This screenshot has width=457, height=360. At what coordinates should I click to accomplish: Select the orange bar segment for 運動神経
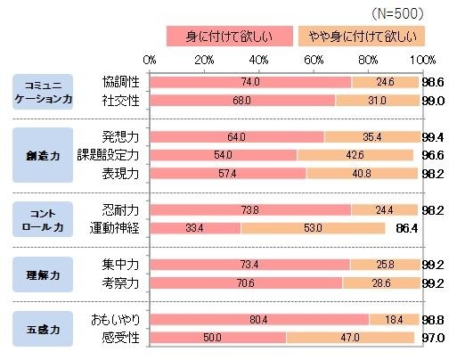coord(313,228)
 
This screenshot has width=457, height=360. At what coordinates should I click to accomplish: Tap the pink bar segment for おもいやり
coord(259,319)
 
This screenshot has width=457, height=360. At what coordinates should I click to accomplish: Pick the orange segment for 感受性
coord(350,337)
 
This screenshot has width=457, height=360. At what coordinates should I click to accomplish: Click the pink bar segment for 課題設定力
coord(224,155)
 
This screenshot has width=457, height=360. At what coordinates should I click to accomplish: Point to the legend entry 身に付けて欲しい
coord(229,36)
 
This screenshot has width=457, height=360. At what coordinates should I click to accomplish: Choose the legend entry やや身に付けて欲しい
coord(362,36)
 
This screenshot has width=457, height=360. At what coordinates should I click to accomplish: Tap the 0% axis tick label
coord(150,60)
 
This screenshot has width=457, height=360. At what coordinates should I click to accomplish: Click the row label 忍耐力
coord(120,210)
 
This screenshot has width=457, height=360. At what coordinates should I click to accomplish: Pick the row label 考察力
coord(120,282)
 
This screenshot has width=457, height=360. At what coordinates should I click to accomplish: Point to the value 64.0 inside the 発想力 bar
coord(236,137)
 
